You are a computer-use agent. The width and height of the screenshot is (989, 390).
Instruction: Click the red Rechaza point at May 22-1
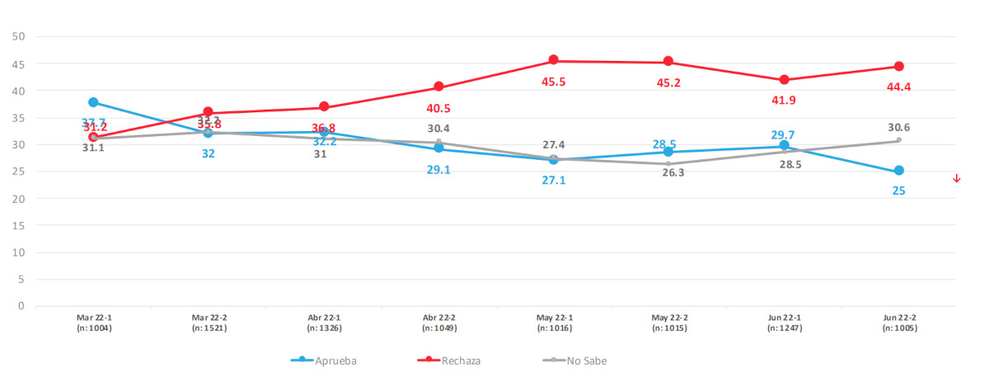(554, 60)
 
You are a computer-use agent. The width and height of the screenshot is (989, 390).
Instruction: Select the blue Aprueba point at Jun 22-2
(899, 171)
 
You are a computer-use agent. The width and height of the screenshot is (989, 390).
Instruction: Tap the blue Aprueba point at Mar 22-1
(93, 102)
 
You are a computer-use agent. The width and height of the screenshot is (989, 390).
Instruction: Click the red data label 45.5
(554, 82)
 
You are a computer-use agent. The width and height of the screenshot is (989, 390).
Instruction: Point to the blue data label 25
(899, 191)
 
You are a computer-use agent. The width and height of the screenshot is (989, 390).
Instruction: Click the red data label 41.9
(784, 100)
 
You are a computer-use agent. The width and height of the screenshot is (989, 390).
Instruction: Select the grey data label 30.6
(899, 127)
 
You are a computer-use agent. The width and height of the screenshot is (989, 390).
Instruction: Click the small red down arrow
(957, 179)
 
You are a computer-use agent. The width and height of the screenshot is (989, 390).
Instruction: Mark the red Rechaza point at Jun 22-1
(784, 80)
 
